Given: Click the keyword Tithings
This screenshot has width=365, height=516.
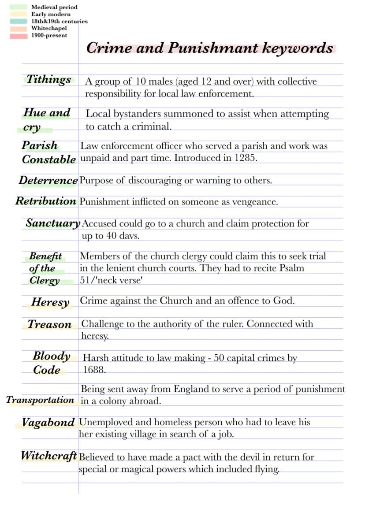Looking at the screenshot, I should pyautogui.click(x=48, y=80).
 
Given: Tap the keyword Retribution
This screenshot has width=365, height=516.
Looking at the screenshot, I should pyautogui.click(x=46, y=201).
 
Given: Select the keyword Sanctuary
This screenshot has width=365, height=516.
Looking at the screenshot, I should pyautogui.click(x=52, y=223).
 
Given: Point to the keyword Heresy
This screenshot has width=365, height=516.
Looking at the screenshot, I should pyautogui.click(x=50, y=302).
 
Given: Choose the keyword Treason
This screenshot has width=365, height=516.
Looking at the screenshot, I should pyautogui.click(x=49, y=325).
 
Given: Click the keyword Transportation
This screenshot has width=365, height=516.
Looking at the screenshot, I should pyautogui.click(x=40, y=400).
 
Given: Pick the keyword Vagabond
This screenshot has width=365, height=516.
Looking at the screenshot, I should pyautogui.click(x=48, y=423).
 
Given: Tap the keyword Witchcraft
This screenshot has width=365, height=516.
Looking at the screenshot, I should pyautogui.click(x=49, y=456).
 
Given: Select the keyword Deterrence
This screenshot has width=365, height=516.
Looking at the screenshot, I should pyautogui.click(x=48, y=180).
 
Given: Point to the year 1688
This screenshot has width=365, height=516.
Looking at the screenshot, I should pyautogui.click(x=94, y=370).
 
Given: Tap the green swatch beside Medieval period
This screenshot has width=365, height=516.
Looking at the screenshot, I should pyautogui.click(x=19, y=7).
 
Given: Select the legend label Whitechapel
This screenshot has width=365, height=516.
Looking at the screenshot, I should pyautogui.click(x=49, y=28).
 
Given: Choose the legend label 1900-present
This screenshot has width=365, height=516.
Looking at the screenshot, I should pyautogui.click(x=49, y=35).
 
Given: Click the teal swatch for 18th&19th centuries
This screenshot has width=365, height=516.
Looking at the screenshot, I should pyautogui.click(x=19, y=21).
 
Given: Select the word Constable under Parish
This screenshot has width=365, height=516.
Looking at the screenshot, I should pyautogui.click(x=48, y=160).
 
